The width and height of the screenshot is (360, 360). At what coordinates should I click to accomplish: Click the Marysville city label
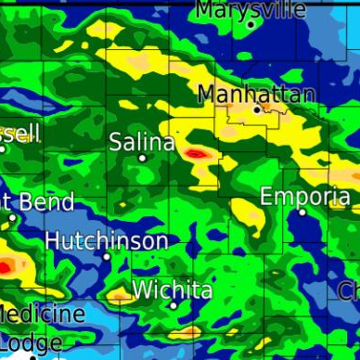pos(251,9)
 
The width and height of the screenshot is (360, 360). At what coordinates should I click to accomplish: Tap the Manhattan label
pos(257,94)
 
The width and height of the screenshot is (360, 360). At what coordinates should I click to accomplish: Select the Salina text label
pos(142,142)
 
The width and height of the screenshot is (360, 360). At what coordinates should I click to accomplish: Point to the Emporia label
pos(305,196)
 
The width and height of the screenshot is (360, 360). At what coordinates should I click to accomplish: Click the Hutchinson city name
pos(107,240)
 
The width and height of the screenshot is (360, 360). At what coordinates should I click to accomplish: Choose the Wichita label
pos(173,289)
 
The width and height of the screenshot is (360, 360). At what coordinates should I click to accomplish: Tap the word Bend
pos(46,201)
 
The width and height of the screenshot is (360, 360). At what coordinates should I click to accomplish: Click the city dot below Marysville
pos(251,25)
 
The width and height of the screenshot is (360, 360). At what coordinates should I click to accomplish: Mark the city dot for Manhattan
pos(258,109)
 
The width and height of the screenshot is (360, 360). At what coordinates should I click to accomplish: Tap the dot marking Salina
pos(142,158)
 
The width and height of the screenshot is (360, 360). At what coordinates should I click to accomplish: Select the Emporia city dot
pos(302,212)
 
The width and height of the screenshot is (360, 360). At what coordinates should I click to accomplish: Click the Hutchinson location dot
pos(107,256)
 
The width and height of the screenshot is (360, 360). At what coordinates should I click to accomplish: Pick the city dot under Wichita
pos(174,305)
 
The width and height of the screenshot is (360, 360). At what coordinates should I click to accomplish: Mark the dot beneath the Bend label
pos(12,218)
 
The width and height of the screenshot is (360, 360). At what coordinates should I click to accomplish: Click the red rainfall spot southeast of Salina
pos(196,152)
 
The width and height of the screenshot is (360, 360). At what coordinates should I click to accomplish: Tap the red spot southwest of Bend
pos(4,267)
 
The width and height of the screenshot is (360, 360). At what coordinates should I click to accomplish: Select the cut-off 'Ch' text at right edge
pos(349,290)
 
